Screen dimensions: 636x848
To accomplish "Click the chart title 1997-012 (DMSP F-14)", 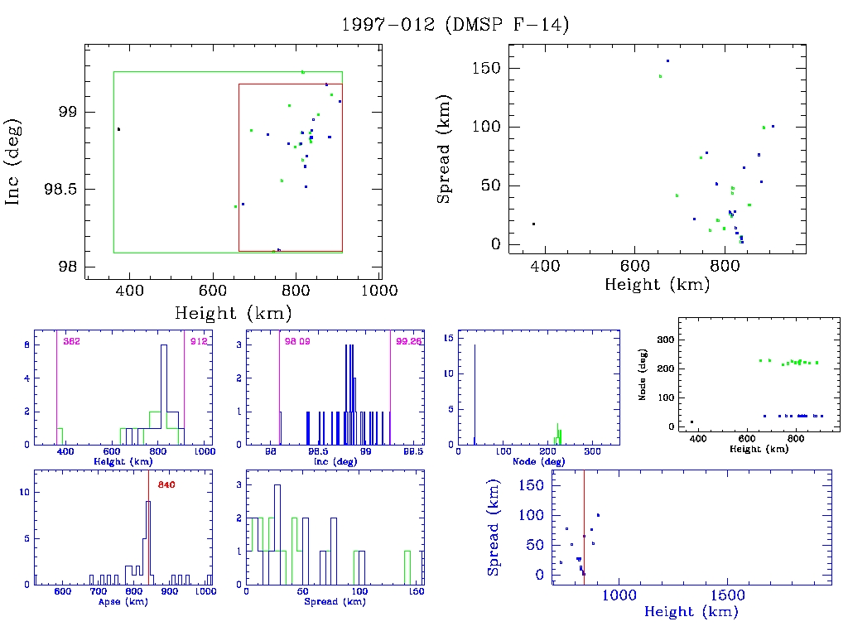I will click(455, 25).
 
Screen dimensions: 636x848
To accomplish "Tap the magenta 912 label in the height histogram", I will click(198, 341).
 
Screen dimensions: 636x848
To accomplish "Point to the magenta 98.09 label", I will click(296, 341).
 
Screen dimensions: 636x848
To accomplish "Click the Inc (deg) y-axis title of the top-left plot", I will click(14, 162).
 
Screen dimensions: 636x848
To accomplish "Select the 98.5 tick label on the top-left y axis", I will click(60, 190).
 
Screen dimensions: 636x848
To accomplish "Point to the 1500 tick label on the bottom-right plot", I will click(725, 595).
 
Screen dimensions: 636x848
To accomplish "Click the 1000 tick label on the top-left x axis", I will click(381, 291).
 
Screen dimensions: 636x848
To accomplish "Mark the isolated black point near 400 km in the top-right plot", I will click(533, 224).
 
